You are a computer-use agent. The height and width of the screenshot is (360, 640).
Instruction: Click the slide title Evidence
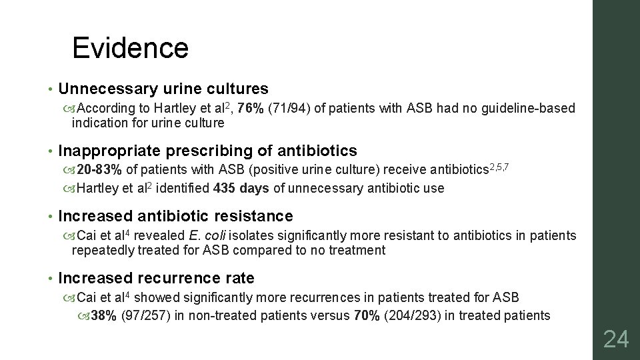pos(130,48)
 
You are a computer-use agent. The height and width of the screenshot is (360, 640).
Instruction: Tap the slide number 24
pos(615,340)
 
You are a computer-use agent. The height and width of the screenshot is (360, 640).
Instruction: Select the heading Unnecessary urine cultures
pos(163,89)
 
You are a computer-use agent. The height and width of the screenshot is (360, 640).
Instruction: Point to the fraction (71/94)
pos(288,109)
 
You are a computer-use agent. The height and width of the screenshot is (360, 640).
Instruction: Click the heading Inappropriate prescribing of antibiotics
pos(208,151)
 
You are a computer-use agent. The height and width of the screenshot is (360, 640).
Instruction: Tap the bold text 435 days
pos(241,188)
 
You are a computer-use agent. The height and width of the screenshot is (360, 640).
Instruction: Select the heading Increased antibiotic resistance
pos(176,216)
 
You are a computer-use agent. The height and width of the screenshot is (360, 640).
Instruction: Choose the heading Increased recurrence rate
pos(157,278)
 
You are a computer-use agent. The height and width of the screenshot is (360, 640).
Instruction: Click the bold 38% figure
pos(104,315)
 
